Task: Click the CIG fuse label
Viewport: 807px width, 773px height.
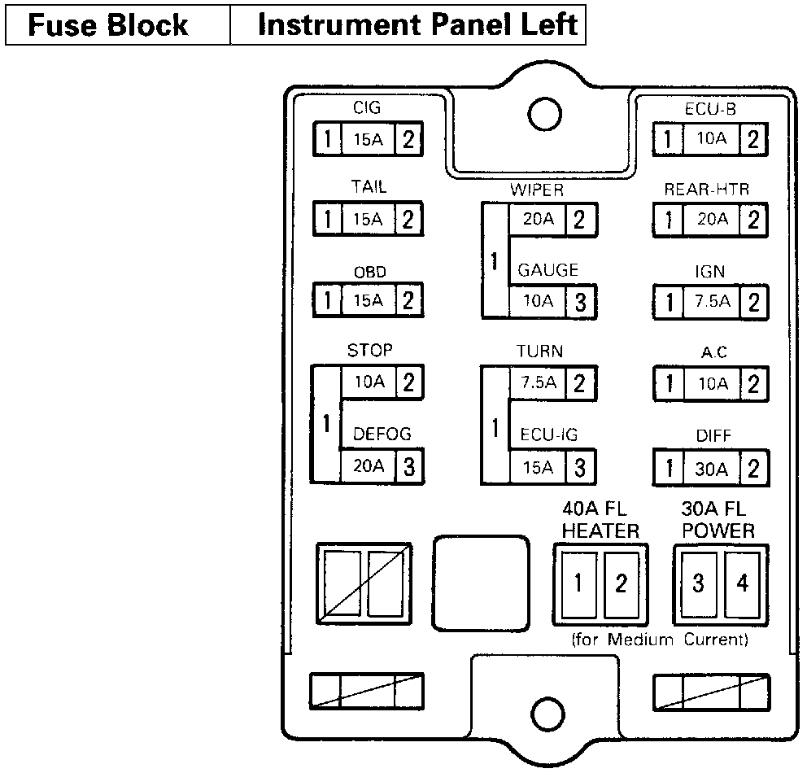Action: coord(368,107)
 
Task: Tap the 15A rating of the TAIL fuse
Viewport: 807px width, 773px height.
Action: coord(368,220)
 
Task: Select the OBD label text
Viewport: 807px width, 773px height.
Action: coord(369,272)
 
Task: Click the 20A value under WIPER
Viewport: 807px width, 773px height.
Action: coord(538,220)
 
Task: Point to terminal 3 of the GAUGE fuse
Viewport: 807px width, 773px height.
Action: coord(580,302)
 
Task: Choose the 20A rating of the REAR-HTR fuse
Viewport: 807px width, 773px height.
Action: coord(711,220)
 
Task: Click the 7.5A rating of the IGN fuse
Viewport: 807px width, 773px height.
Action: coord(712,302)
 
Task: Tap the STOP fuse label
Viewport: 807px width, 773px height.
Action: coord(369,351)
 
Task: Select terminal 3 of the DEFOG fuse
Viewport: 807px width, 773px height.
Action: coord(409,466)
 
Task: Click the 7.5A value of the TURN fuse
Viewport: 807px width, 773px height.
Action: coord(538,383)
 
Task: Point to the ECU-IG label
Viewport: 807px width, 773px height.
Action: coord(549,435)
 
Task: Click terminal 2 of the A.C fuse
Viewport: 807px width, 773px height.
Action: coord(754,383)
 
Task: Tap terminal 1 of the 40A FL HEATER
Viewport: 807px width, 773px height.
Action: coord(579,583)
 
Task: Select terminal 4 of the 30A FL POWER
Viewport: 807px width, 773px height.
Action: coord(742,583)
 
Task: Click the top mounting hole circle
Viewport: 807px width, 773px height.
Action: coord(540,113)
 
